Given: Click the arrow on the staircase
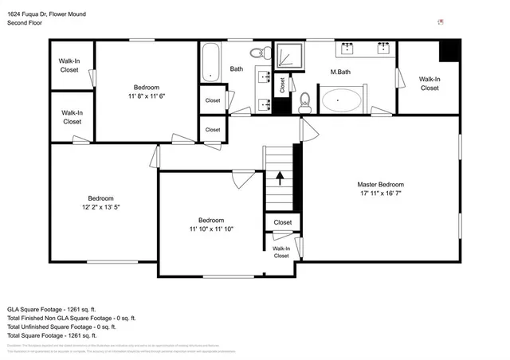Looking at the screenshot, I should tap(279, 177).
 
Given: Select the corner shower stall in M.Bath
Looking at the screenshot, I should tap(288, 56).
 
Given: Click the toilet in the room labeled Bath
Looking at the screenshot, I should tap(257, 53).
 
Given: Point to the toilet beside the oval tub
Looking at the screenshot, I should tap(304, 102).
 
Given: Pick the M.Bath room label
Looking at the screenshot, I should tap(341, 72).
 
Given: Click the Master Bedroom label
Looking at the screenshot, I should tap(380, 184).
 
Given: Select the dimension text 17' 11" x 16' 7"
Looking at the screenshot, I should tap(380, 193).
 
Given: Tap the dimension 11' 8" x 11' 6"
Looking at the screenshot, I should tap(147, 96).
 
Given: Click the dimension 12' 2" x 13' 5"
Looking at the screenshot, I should tap(100, 207).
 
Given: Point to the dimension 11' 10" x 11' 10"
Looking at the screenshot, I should tap(211, 229).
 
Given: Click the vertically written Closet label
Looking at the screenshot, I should tap(281, 83).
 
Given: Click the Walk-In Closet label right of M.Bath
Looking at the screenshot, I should tap(430, 83).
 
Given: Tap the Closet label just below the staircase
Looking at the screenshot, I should tap(283, 222).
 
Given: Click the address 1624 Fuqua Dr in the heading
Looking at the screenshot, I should tap(36, 14).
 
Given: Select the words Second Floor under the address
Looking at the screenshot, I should tap(25, 23).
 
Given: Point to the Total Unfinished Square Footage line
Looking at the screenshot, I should tap(62, 327).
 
